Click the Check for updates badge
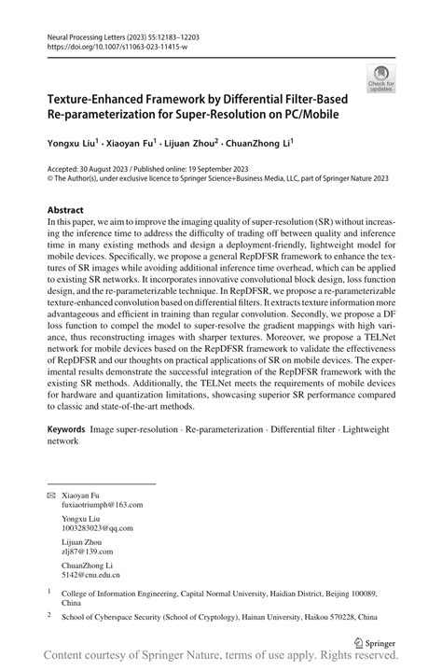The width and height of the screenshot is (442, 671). coord(380,77)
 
